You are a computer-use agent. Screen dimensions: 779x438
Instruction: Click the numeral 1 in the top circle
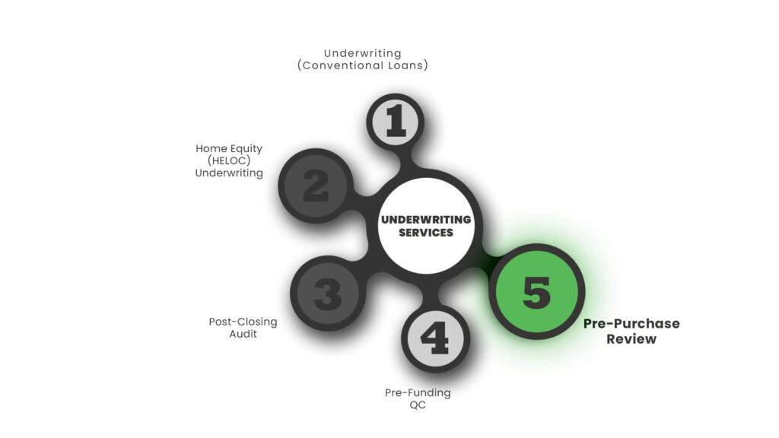[x=396, y=121]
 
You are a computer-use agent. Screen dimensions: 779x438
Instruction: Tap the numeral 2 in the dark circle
[x=316, y=186]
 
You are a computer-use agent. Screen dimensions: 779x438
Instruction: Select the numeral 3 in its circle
[x=328, y=294]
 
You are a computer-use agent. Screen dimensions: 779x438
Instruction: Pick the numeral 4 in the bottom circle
[x=435, y=338]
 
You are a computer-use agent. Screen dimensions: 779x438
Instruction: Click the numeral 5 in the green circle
[x=536, y=291]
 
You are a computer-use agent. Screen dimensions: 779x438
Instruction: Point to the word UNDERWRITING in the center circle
[x=426, y=220]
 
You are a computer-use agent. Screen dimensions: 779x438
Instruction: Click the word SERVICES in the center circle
[x=426, y=233]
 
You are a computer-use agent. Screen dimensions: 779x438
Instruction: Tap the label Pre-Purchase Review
[x=631, y=332]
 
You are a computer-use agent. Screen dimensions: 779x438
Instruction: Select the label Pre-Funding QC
[x=418, y=398]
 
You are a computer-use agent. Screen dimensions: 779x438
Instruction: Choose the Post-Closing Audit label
[x=243, y=328]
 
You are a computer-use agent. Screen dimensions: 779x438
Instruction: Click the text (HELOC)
[x=229, y=160]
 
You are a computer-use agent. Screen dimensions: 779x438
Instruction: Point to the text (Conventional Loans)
[x=363, y=65]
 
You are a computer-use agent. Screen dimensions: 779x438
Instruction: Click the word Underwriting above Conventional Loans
[x=363, y=53]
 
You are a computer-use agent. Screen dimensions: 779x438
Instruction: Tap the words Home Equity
[x=229, y=148]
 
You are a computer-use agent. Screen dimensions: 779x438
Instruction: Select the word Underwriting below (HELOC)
[x=229, y=173]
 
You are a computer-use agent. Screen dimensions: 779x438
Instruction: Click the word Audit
[x=243, y=334]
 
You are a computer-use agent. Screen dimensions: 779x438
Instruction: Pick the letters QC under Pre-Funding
[x=418, y=405]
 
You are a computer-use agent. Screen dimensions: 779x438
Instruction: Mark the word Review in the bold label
[x=631, y=339]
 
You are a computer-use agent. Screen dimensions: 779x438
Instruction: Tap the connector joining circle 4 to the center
[x=431, y=293]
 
